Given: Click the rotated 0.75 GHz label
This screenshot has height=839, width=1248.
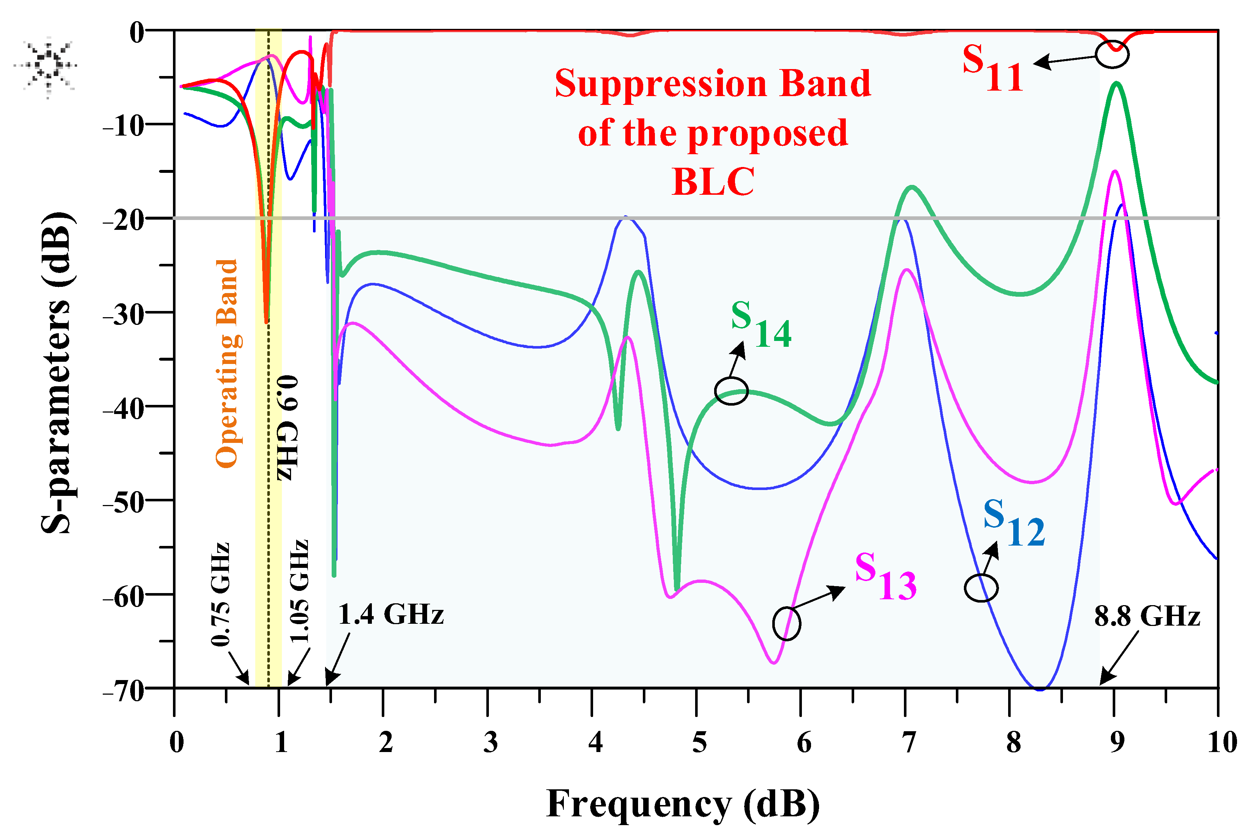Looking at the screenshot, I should [x=220, y=594].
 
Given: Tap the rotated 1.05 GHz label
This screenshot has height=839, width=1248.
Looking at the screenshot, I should [x=299, y=591].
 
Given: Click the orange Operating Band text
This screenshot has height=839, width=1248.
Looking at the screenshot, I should [x=227, y=364].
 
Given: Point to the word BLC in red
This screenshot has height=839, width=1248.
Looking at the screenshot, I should [x=713, y=182].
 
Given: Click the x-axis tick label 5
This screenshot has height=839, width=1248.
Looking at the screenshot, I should [x=699, y=743].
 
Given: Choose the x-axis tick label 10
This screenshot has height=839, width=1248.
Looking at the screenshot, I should [x=1222, y=743].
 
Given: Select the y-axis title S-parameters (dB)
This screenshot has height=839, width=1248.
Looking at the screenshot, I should [x=57, y=373].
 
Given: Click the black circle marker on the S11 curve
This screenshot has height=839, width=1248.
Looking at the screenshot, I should [x=1112, y=54].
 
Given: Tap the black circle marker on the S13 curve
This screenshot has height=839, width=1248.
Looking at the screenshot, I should [x=787, y=624].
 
